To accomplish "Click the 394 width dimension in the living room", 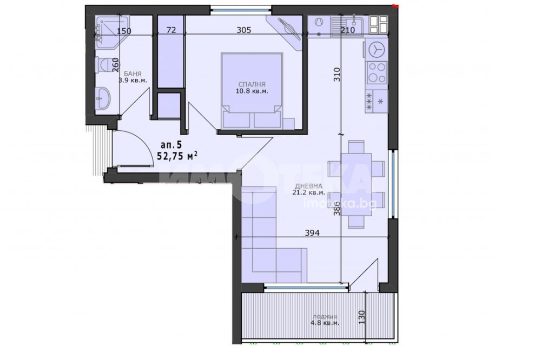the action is click(x=312, y=233).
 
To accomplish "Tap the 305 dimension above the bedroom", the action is click(x=243, y=30).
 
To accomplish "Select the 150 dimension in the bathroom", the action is click(x=124, y=31).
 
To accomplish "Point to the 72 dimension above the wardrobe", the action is click(x=171, y=30).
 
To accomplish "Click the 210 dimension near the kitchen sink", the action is click(x=347, y=30).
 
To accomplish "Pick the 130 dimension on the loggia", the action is click(x=361, y=317).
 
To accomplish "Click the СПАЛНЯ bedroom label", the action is click(x=252, y=84).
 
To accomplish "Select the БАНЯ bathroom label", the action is click(x=133, y=74).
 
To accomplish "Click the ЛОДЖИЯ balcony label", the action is click(x=325, y=317).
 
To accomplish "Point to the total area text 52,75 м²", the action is click(x=177, y=156).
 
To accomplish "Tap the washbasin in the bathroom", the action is click(x=102, y=97).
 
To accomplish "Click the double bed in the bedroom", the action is click(x=252, y=91).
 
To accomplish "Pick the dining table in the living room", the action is click(x=357, y=184).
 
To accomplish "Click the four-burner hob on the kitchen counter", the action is click(x=377, y=73).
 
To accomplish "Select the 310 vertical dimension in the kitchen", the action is click(x=337, y=75).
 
